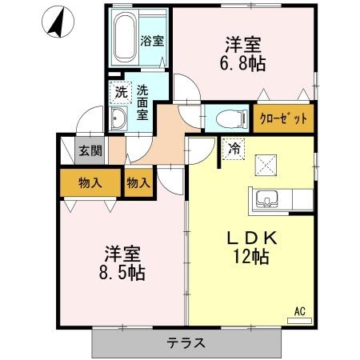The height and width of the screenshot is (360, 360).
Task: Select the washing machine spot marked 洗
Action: click(x=120, y=91)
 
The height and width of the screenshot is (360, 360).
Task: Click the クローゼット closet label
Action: click(x=284, y=118)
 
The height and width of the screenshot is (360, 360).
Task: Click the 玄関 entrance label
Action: click(x=88, y=151)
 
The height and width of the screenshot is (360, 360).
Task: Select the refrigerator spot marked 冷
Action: click(x=234, y=149)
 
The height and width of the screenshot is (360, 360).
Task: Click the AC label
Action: click(x=300, y=310)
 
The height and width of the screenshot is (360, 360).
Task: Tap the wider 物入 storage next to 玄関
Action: click(x=90, y=182)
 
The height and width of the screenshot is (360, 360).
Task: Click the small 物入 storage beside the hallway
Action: click(x=138, y=182)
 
